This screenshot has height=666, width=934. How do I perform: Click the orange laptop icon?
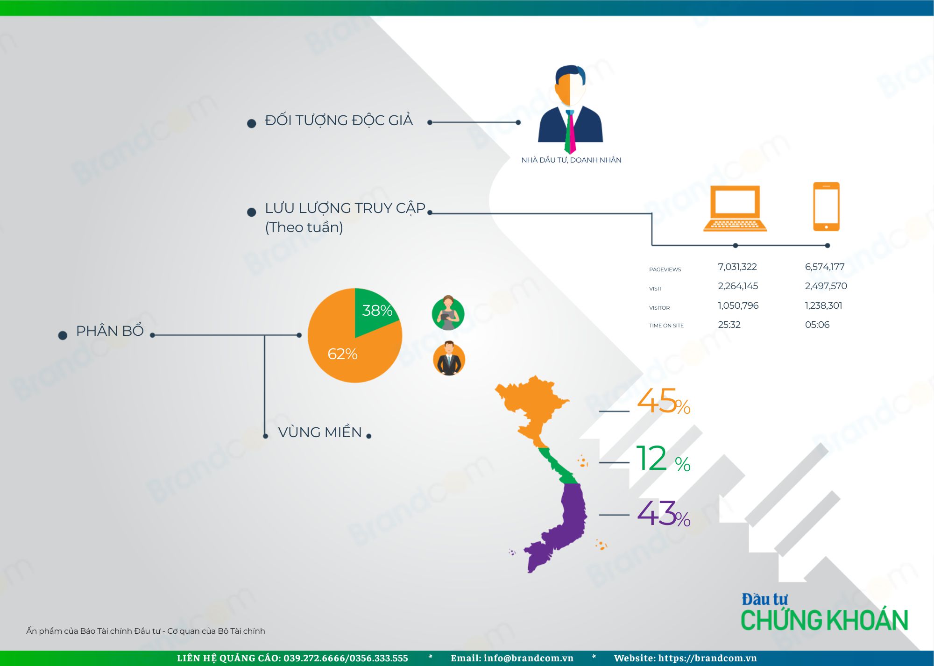point(735,208)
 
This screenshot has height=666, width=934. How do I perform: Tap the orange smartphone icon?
point(826,206)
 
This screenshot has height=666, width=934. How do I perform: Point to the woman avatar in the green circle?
point(448,313)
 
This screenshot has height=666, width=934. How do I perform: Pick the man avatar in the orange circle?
point(449,359)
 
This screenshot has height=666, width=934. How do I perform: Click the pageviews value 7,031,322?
point(737,267)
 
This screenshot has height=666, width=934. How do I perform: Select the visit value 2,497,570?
point(826,286)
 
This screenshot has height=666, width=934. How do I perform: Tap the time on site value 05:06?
point(817,325)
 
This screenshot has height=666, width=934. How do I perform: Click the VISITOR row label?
point(659,308)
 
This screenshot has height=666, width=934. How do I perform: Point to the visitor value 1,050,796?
point(738,305)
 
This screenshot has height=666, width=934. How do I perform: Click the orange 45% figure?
point(664,401)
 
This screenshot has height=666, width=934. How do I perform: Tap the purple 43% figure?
point(664,513)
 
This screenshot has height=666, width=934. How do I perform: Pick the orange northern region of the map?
point(532,406)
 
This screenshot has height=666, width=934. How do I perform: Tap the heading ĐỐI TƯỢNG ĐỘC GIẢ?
point(339,121)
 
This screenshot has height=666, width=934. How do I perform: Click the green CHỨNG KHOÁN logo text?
point(824,620)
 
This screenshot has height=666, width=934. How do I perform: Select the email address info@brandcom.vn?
point(529,658)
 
